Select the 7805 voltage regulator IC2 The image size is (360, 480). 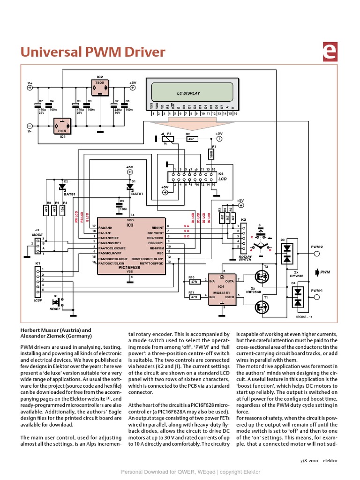tap(99, 87)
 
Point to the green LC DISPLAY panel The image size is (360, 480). tap(188, 93)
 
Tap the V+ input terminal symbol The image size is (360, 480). tap(30, 87)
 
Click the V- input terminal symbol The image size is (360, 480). tap(30, 126)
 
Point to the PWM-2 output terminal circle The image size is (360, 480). tap(317, 254)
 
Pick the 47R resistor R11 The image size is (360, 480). tap(193, 296)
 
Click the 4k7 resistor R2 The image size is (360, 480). tap(191, 138)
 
